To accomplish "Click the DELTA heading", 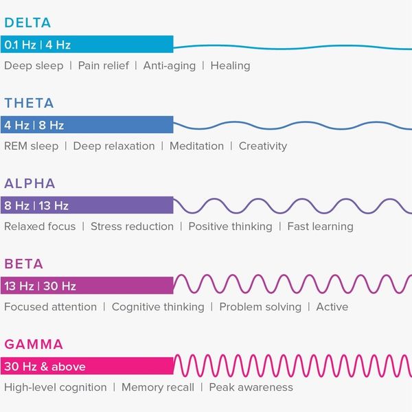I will click(27, 23).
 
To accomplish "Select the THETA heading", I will click(29, 104).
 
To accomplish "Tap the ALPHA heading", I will click(30, 184).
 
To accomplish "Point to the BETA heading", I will click(23, 264).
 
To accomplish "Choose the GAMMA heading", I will click(34, 345).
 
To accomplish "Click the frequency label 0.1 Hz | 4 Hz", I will click(37, 45).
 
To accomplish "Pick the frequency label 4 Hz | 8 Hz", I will click(34, 126).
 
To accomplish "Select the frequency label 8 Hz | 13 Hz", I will click(36, 206).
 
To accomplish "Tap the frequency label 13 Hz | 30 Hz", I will click(40, 286).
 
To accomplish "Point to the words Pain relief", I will click(102, 66).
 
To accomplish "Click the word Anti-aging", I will click(169, 66).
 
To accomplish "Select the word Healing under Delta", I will click(230, 66).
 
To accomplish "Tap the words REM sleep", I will click(31, 146).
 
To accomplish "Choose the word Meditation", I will click(196, 146).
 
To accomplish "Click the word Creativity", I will click(263, 146).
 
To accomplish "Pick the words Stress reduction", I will click(132, 227).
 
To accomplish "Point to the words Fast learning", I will click(320, 227).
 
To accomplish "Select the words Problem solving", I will click(260, 307).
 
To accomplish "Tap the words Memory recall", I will click(158, 387).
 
